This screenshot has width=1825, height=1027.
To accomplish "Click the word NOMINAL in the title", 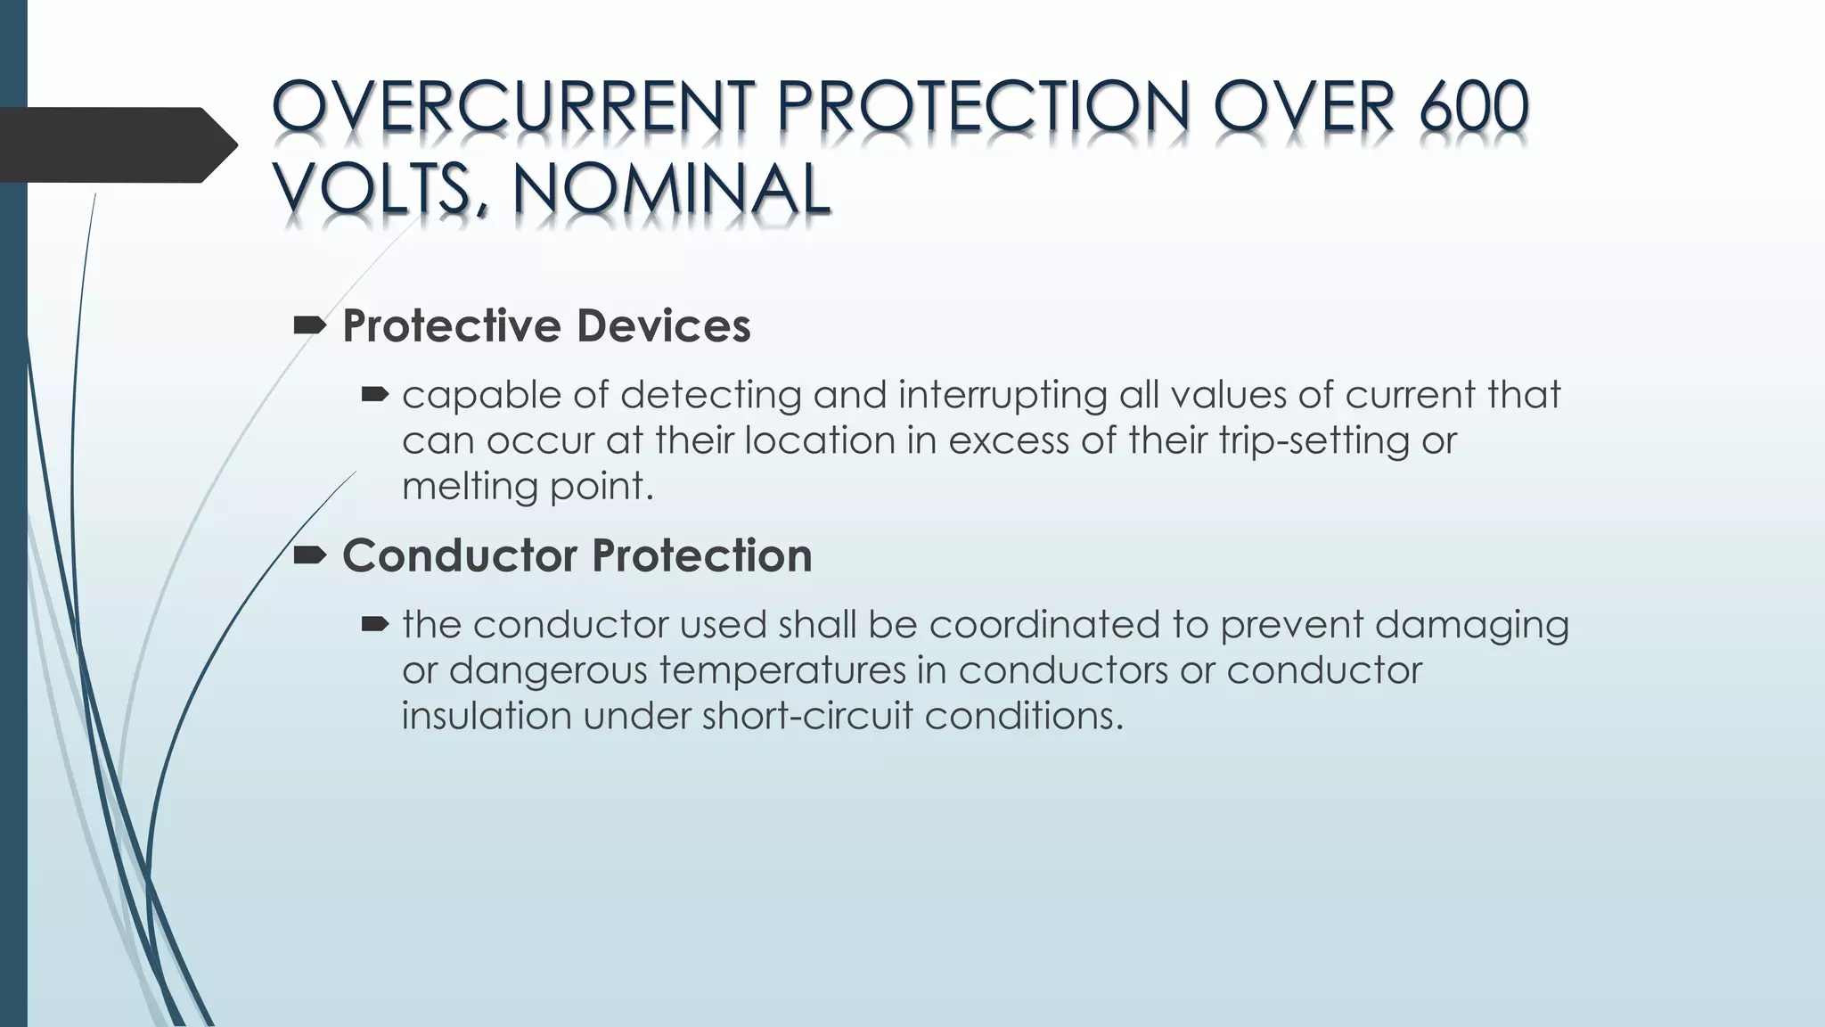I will (x=672, y=189).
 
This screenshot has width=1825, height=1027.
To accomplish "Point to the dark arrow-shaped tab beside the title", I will (x=116, y=144).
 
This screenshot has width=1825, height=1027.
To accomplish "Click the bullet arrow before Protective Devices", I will (x=310, y=327).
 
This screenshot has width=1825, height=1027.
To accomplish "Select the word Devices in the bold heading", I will (x=663, y=326).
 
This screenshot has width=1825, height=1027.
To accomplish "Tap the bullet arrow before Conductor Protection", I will (x=310, y=556).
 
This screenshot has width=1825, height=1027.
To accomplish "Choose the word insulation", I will (x=486, y=716).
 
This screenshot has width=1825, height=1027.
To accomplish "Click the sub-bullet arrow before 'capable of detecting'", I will (x=374, y=394).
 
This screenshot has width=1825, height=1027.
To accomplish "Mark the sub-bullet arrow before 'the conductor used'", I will (x=374, y=624).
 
